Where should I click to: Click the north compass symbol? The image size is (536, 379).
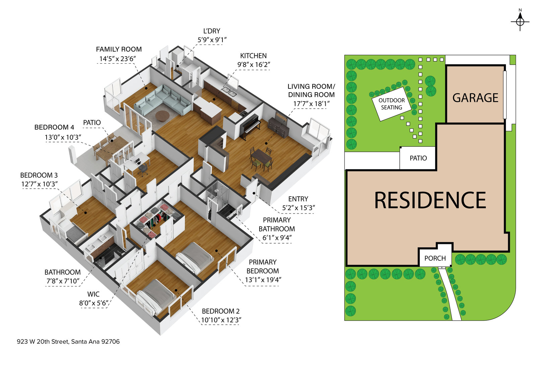520,21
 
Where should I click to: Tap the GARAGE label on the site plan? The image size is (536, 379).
475,98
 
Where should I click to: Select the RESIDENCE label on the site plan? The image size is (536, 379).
430,200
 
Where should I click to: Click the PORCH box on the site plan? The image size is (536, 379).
435,258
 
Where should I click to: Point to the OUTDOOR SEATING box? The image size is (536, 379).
392,104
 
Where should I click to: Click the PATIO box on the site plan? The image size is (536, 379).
418,158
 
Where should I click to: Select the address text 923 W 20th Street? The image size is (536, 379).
68,342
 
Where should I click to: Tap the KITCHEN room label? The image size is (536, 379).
253,56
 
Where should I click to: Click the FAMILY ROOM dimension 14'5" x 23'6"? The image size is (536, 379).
117,59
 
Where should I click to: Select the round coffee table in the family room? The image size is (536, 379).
162,116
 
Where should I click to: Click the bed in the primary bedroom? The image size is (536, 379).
194,257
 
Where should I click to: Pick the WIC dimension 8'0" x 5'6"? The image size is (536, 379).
93,303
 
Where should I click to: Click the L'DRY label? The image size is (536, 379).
212,31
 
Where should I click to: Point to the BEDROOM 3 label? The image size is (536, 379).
39,175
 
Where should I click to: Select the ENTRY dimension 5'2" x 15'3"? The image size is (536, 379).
298,208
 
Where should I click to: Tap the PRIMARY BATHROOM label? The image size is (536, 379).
277,224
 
